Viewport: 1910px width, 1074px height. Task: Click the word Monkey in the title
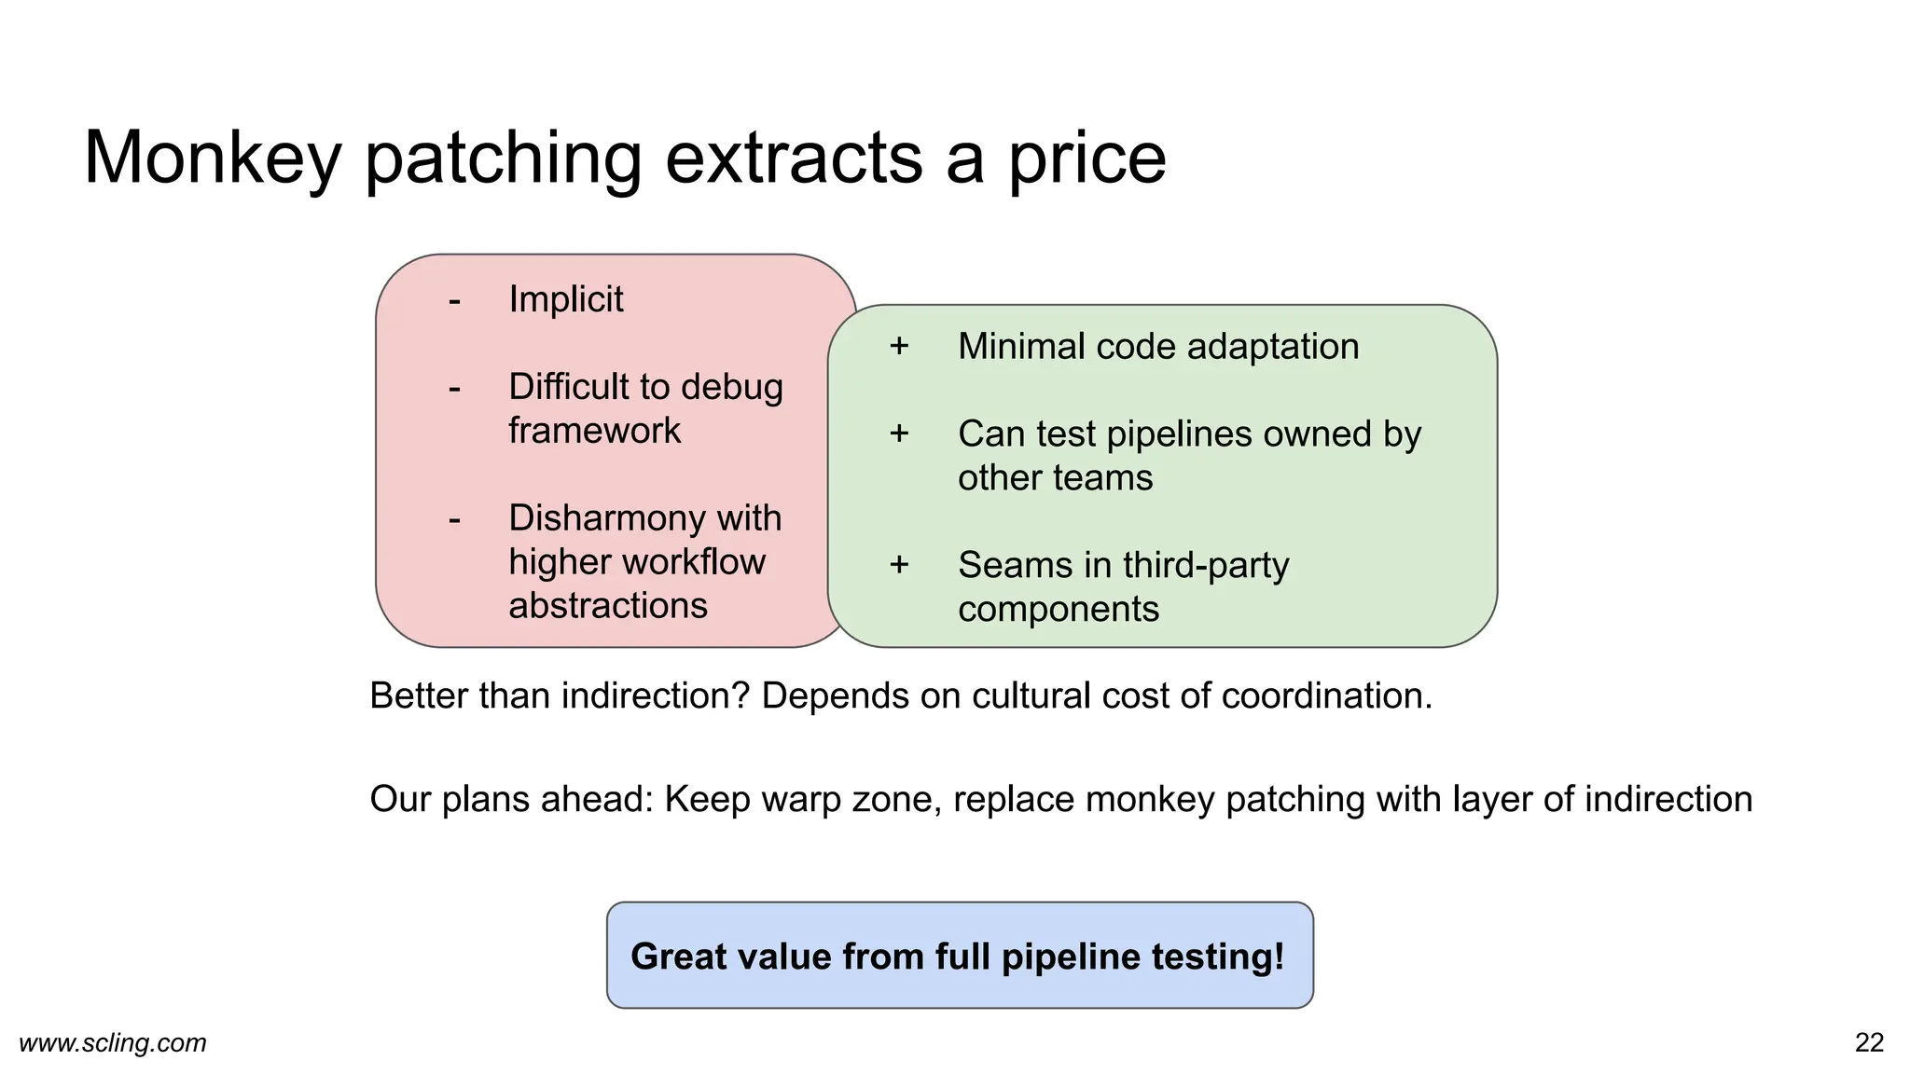coord(213,158)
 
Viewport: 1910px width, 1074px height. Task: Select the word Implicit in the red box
coord(565,299)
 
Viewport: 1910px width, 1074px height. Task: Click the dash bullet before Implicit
coord(454,300)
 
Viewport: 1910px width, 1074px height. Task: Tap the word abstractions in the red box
coord(608,606)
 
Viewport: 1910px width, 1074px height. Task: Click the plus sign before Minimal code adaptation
coord(899,346)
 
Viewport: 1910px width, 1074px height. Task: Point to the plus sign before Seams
coord(899,565)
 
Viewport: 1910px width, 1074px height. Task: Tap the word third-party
coord(1206,565)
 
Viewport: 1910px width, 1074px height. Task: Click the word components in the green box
coord(1058,610)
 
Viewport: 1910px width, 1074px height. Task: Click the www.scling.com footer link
coord(113,1042)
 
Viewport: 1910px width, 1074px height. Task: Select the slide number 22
coord(1869,1042)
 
